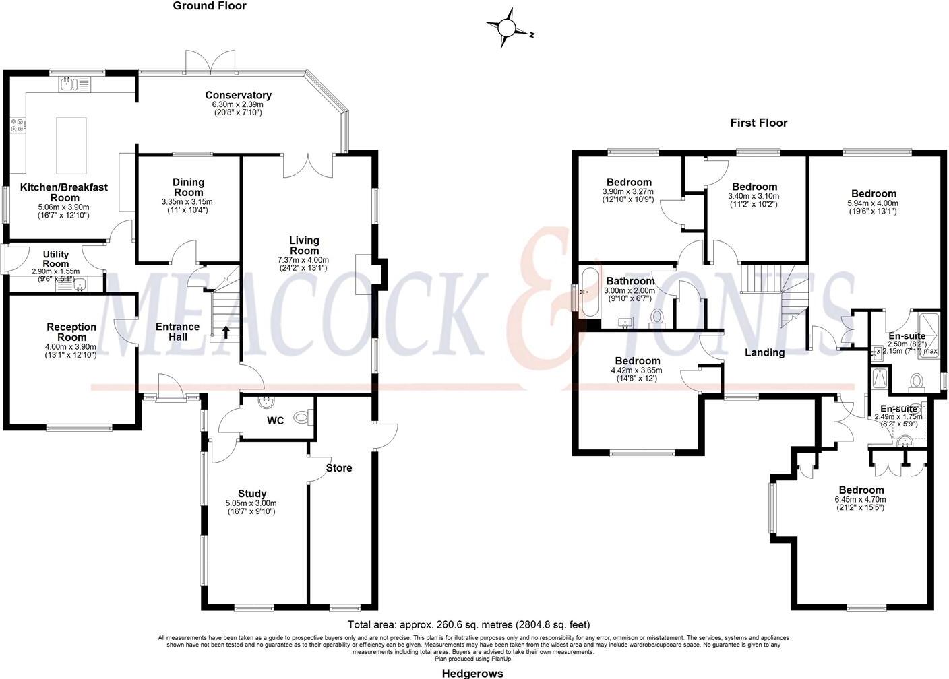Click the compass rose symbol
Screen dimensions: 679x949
(506, 28)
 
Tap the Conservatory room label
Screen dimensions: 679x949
(238, 95)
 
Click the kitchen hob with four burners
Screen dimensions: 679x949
(17, 125)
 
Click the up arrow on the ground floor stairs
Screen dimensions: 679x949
(226, 331)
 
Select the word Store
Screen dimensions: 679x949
(339, 468)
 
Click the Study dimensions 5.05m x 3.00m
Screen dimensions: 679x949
(251, 503)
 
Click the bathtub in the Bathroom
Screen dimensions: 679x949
(589, 292)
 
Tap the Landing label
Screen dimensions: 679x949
(764, 352)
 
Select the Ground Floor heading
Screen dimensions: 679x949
(210, 6)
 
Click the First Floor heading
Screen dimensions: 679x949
(758, 123)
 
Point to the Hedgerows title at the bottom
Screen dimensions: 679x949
(472, 673)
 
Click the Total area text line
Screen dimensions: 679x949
(468, 624)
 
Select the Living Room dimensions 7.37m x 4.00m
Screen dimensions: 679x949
(303, 259)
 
